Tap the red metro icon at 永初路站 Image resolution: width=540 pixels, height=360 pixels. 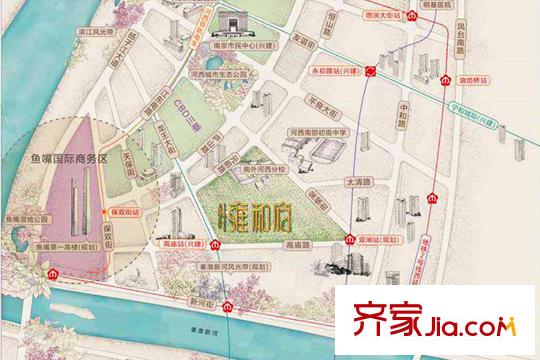pyautogui.click(x=369, y=72)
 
